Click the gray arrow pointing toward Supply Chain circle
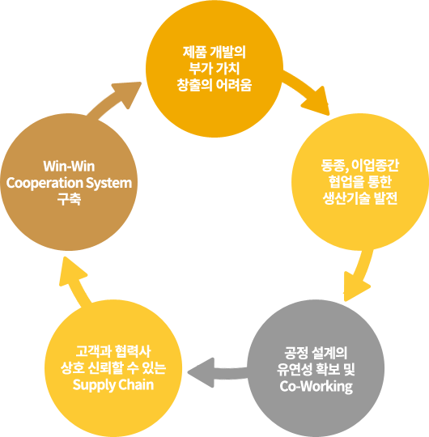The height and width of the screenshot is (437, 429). [218, 373]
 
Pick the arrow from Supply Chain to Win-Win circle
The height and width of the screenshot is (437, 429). [74, 282]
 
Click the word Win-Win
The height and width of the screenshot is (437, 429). [69, 167]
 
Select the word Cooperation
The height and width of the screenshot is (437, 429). [45, 183]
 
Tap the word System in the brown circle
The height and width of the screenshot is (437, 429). [108, 183]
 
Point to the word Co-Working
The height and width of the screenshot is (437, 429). [316, 387]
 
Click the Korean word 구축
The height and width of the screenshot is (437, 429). [69, 199]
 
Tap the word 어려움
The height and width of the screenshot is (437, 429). [234, 85]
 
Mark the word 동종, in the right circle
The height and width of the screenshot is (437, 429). [334, 166]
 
